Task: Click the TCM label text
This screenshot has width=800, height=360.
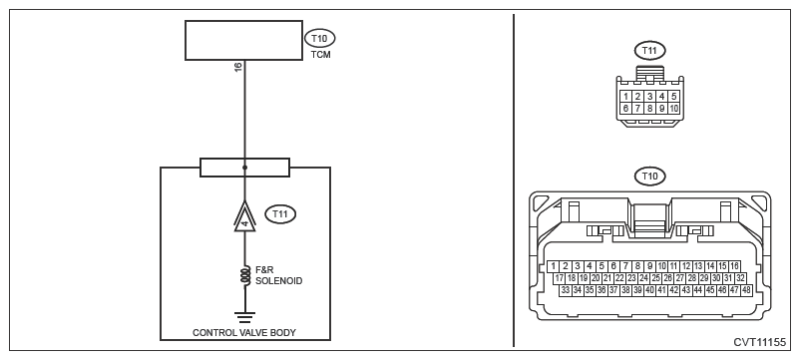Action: click(x=321, y=55)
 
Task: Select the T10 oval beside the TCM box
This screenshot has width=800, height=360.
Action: click(x=320, y=38)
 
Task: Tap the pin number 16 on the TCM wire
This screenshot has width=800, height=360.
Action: click(x=238, y=67)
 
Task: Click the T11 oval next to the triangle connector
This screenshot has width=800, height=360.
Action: click(x=280, y=214)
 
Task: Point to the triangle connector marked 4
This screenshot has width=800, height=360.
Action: click(x=245, y=216)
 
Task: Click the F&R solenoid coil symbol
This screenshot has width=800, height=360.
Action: click(x=244, y=275)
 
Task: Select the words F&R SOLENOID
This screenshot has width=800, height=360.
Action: click(x=278, y=276)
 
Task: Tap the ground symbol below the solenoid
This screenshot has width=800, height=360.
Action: click(x=245, y=317)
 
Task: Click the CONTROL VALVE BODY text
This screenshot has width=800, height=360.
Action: click(x=244, y=332)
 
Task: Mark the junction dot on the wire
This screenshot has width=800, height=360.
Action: click(x=245, y=168)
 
